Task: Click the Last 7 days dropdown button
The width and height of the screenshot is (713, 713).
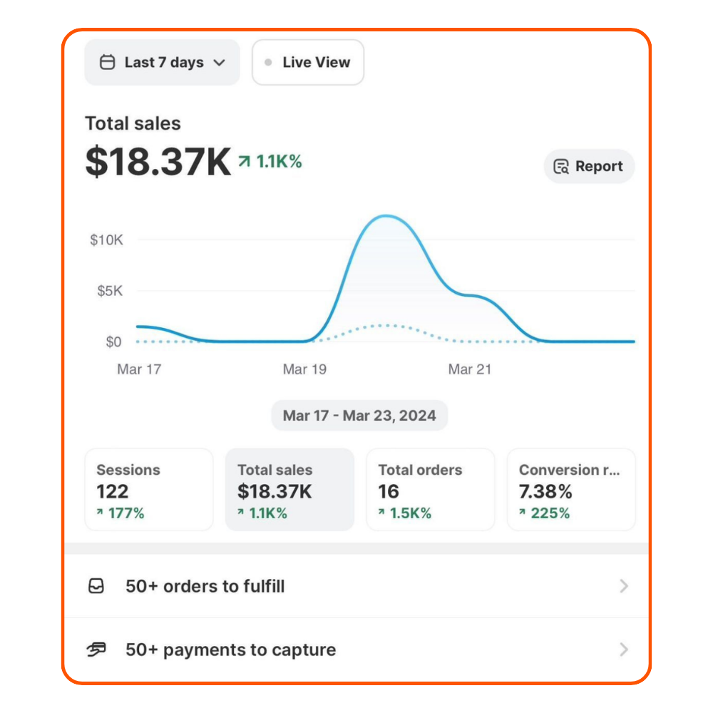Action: (163, 63)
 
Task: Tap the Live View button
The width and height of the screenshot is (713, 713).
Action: (308, 63)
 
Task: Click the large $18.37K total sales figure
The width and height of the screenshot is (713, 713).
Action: (158, 163)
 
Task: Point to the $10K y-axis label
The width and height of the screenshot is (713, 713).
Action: (106, 240)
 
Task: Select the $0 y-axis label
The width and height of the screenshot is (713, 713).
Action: (114, 342)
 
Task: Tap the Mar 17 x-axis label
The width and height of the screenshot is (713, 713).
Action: (139, 369)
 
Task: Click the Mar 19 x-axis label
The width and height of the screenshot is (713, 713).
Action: (304, 369)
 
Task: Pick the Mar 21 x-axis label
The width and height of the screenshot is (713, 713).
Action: (470, 369)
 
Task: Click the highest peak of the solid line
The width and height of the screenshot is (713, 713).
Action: (386, 216)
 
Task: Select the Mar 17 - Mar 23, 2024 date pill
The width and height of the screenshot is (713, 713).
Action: (359, 416)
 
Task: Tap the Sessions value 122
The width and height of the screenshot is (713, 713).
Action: (113, 491)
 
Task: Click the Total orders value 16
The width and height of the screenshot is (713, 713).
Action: (389, 491)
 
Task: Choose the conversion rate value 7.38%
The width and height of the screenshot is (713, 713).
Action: (545, 491)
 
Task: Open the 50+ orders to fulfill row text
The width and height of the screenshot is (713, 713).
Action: (205, 586)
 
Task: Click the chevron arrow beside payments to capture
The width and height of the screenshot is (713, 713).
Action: (624, 650)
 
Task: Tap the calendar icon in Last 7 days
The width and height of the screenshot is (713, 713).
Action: (107, 63)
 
